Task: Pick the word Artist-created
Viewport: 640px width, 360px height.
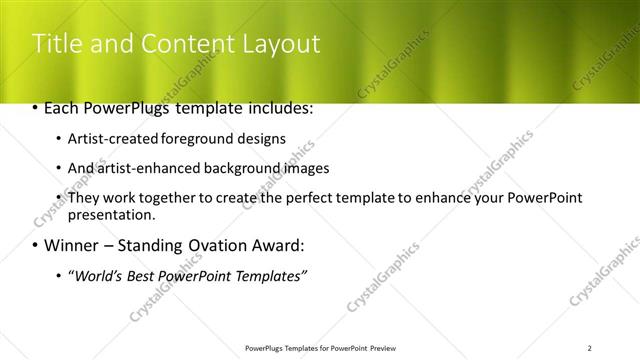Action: (x=108, y=139)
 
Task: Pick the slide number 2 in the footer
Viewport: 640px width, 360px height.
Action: (x=590, y=348)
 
